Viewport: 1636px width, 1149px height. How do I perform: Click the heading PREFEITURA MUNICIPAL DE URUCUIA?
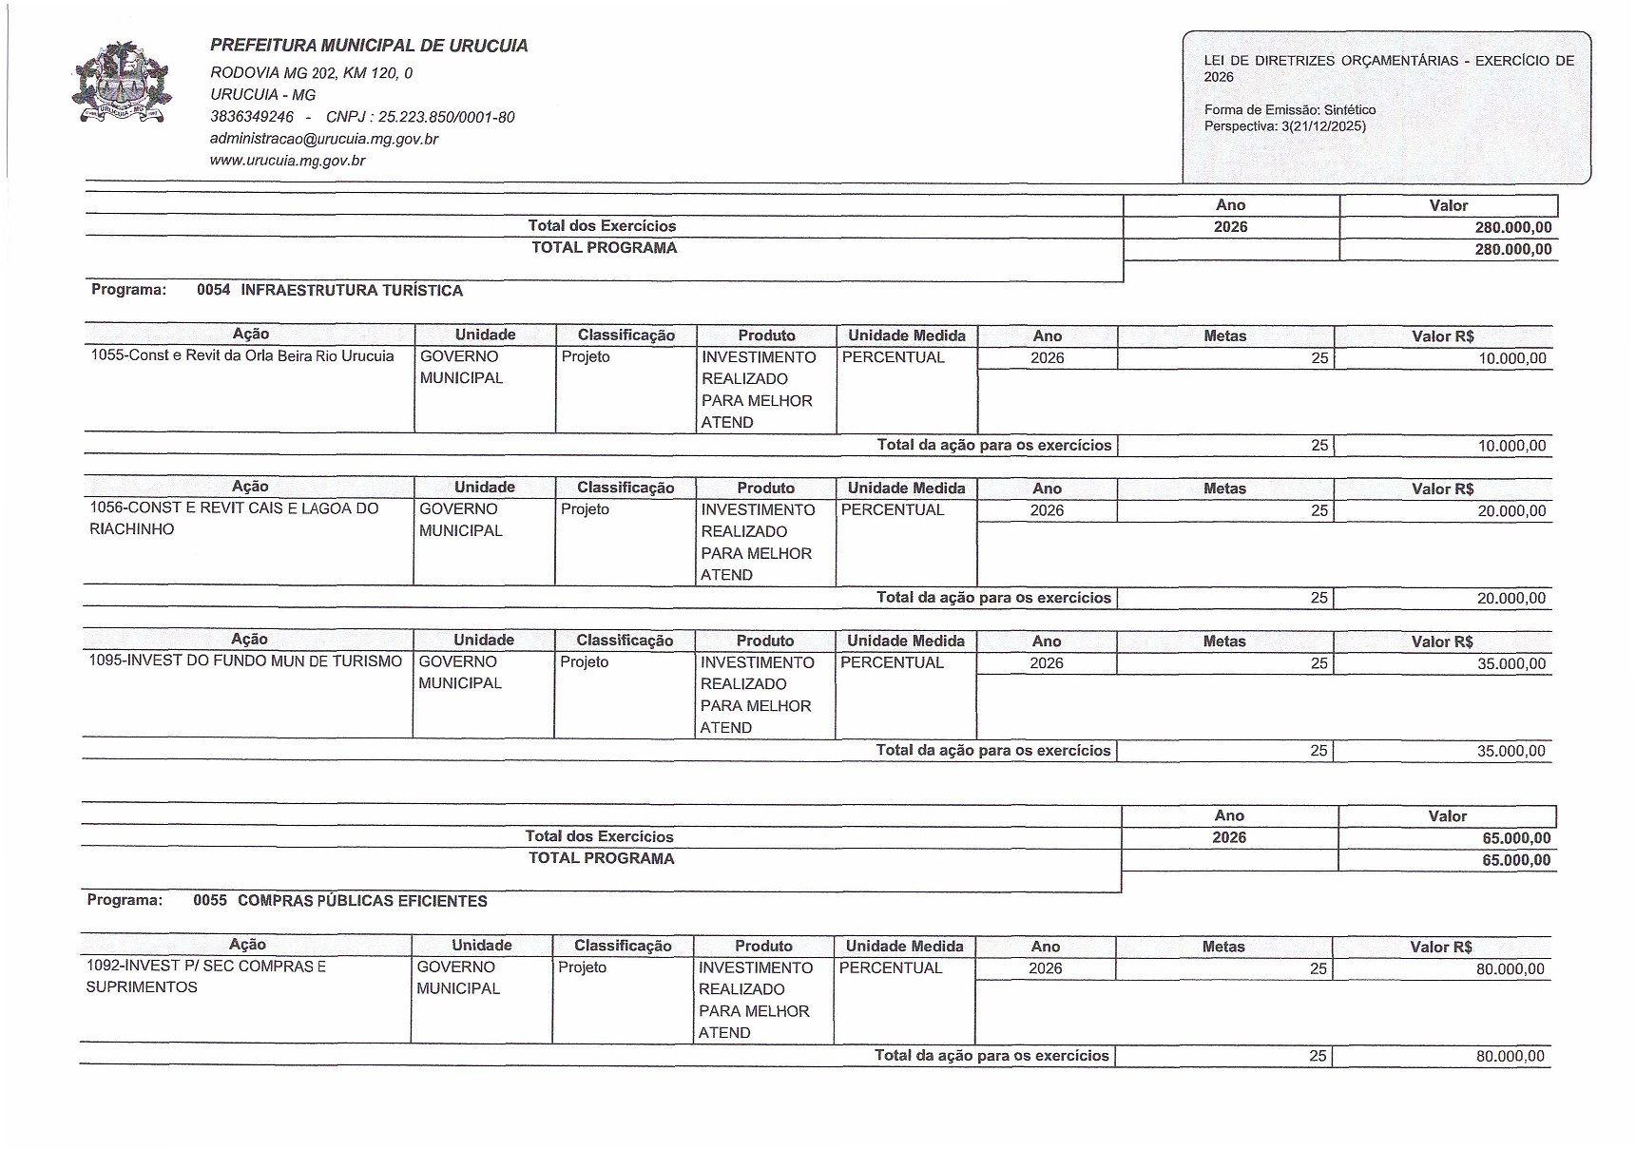pyautogui.click(x=369, y=46)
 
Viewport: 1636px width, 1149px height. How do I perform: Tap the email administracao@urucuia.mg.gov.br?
pyautogui.click(x=324, y=139)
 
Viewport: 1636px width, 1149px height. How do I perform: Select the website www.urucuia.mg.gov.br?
pyautogui.click(x=288, y=161)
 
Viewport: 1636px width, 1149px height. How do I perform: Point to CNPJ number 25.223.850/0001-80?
pyautogui.click(x=446, y=117)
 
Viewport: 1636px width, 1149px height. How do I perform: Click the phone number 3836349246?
pyautogui.click(x=252, y=117)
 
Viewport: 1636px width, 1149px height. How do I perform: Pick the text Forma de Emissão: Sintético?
pyautogui.click(x=1289, y=110)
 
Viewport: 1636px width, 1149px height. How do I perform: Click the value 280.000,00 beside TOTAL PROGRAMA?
pyautogui.click(x=1513, y=250)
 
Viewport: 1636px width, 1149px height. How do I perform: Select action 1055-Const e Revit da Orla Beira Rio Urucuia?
pyautogui.click(x=242, y=356)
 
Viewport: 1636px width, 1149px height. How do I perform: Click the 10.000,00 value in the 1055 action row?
pyautogui.click(x=1511, y=358)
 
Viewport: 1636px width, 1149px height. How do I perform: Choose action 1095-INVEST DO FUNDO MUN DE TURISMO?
pyautogui.click(x=245, y=661)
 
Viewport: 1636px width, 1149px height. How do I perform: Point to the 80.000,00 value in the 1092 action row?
pyautogui.click(x=1510, y=969)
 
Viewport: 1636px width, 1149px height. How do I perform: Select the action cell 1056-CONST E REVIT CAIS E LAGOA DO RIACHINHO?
pyautogui.click(x=234, y=519)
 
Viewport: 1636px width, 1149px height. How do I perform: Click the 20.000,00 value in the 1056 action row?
pyautogui.click(x=1511, y=511)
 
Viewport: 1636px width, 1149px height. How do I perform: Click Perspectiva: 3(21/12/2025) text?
pyautogui.click(x=1284, y=126)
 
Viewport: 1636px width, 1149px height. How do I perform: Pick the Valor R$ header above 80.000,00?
pyautogui.click(x=1441, y=947)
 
